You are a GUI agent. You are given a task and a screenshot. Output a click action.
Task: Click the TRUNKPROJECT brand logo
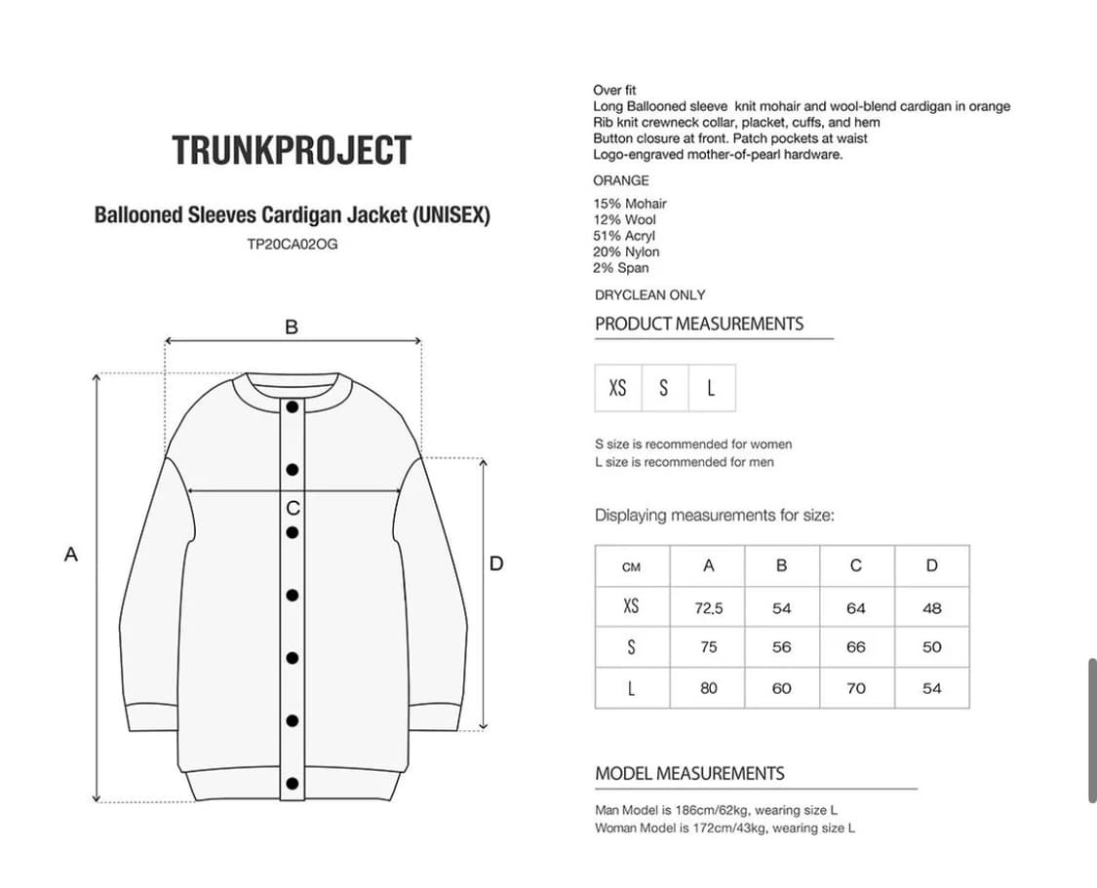click(x=292, y=150)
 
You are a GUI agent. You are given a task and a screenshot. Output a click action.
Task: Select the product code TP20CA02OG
click(x=293, y=244)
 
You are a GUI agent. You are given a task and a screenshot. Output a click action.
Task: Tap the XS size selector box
click(x=618, y=388)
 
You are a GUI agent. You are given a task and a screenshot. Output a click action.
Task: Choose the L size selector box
click(x=711, y=388)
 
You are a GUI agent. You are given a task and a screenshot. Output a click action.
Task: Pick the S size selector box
click(x=664, y=388)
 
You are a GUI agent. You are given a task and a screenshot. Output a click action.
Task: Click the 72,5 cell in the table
click(x=709, y=608)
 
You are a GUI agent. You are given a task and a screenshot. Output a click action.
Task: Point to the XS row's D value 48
click(x=932, y=608)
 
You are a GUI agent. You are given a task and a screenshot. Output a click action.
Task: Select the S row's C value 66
click(x=856, y=647)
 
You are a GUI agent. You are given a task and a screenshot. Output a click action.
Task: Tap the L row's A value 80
click(x=709, y=688)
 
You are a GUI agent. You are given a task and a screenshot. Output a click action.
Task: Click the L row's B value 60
click(x=782, y=688)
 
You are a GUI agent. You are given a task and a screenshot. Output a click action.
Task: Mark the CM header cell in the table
click(x=631, y=567)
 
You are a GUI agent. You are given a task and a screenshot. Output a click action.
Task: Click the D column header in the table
click(x=932, y=566)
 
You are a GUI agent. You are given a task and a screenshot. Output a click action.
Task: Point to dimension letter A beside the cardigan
click(x=70, y=555)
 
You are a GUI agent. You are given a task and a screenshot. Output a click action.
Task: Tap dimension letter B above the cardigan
click(x=292, y=328)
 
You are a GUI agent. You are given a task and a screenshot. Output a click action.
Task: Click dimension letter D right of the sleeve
click(x=496, y=563)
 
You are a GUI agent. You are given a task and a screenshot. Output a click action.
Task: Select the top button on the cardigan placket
click(x=293, y=406)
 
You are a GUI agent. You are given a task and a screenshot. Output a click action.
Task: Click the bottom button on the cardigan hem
click(x=293, y=783)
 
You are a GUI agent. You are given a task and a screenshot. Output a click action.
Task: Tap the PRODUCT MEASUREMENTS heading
click(x=699, y=324)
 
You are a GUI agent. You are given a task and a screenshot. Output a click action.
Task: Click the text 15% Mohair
click(x=630, y=204)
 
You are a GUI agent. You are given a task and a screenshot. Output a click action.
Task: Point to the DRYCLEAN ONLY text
click(x=649, y=294)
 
